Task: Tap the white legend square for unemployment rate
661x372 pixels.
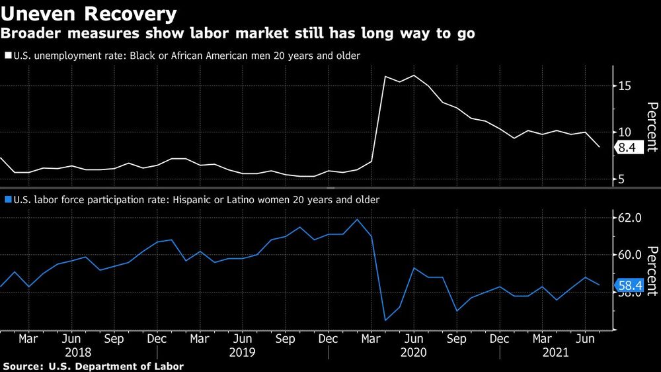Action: click(8, 56)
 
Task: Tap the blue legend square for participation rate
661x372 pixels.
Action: click(8, 199)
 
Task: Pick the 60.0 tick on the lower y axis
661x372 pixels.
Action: click(629, 255)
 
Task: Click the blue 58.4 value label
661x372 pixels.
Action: click(629, 286)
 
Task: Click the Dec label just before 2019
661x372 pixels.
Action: click(156, 339)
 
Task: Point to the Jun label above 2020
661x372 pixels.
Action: click(414, 339)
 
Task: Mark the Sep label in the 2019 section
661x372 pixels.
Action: click(285, 339)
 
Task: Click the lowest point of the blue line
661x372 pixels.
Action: click(385, 320)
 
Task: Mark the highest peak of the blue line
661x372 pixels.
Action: click(358, 219)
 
